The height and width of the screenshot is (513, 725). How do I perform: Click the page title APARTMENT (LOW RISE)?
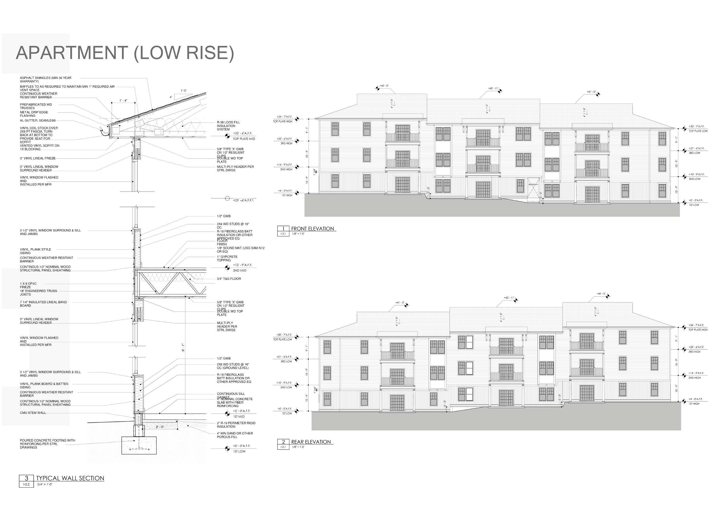tap(125, 53)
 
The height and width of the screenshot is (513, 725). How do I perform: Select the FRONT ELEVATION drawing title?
tap(312, 229)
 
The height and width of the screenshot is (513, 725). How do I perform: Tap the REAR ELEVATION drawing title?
tap(311, 442)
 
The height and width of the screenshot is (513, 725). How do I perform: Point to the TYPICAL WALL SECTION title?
tap(70, 478)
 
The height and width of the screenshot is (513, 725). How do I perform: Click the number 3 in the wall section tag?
tap(27, 478)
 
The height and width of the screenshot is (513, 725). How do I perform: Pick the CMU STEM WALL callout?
tap(33, 413)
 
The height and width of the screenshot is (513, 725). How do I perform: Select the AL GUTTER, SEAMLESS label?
tap(38, 120)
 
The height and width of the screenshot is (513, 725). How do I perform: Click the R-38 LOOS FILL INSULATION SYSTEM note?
tap(228, 126)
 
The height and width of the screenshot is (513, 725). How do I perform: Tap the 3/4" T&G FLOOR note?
tap(229, 279)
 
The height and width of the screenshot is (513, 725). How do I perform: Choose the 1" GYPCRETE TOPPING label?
tap(227, 258)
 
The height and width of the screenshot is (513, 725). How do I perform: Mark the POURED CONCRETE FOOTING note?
tap(47, 444)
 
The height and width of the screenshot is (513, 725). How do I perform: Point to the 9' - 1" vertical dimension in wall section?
tap(183, 347)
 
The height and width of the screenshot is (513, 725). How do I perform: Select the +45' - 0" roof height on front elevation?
tap(384, 86)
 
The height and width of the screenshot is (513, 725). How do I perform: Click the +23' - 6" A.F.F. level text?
tap(243, 200)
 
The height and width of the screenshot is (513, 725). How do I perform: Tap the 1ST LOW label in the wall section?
tap(239, 451)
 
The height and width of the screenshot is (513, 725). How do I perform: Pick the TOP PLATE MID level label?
tap(244, 139)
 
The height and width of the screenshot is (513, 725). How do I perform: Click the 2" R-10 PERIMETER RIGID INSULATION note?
tap(236, 425)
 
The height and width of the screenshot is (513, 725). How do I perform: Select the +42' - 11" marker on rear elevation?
tap(509, 298)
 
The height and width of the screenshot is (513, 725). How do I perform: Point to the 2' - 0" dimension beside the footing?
tap(160, 427)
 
